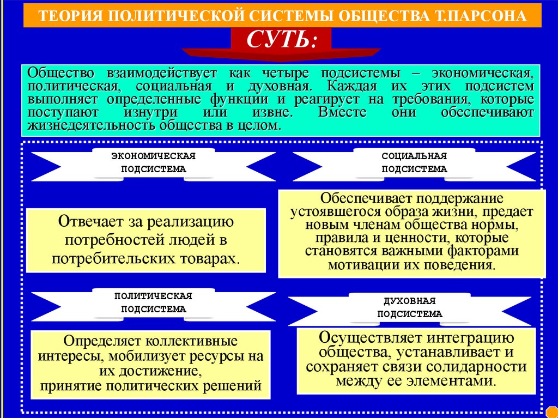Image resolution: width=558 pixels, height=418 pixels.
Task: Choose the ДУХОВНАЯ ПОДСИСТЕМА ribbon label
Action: tap(410, 307)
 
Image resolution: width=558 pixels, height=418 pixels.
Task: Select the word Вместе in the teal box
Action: tap(336, 113)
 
